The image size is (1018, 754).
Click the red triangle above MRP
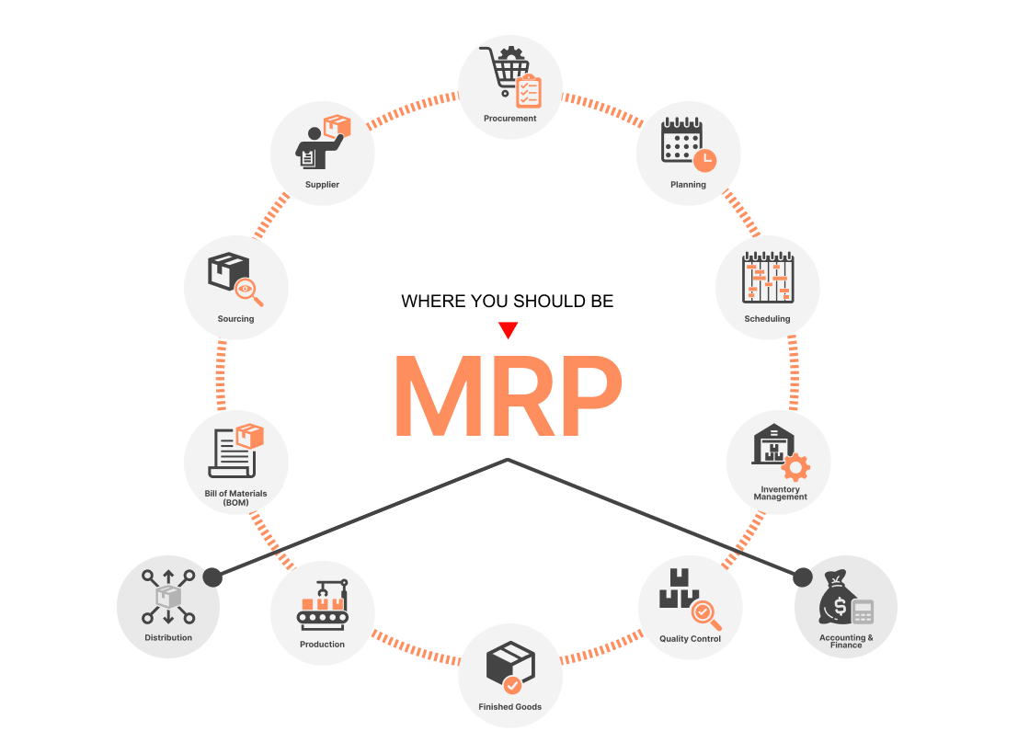click(x=508, y=330)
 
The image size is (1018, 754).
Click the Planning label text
click(x=688, y=185)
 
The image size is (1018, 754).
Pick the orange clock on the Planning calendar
click(x=705, y=159)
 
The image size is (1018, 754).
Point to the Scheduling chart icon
click(x=767, y=278)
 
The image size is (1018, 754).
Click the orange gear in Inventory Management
click(x=795, y=467)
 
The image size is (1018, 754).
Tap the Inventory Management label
click(x=780, y=494)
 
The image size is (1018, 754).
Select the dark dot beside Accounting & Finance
click(x=802, y=577)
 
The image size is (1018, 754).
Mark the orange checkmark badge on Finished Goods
click(x=512, y=685)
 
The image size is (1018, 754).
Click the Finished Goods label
click(x=509, y=707)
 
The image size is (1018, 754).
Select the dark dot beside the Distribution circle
click(x=212, y=577)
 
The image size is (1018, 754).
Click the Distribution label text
click(x=168, y=637)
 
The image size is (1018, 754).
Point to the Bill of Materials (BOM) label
click(x=235, y=497)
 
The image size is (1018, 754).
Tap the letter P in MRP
click(x=584, y=396)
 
